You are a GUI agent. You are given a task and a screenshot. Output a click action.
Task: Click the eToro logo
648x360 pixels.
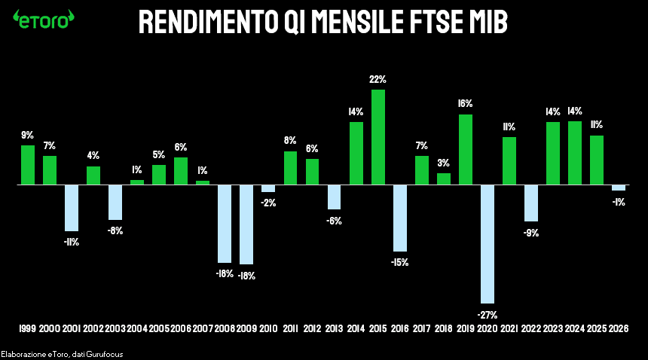[x=44, y=19]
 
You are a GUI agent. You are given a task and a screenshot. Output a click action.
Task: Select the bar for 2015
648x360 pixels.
[x=378, y=137]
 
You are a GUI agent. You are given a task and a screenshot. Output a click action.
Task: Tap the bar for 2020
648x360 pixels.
[x=488, y=244]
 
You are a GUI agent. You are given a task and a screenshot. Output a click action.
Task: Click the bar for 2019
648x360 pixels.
[x=466, y=149]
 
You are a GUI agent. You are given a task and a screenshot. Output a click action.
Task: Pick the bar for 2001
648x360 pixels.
[x=72, y=208]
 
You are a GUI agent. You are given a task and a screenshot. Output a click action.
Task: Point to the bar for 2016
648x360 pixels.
[x=400, y=218]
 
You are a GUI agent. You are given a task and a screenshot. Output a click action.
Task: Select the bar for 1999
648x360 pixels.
[x=28, y=165]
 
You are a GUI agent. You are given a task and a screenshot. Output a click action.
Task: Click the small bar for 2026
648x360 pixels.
[x=619, y=188]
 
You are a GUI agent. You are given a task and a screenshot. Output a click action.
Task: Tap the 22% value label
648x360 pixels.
[x=378, y=79]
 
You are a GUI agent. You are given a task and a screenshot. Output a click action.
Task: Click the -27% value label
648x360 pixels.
[x=488, y=314]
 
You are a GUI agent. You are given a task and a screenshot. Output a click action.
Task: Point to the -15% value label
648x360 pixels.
[x=400, y=262]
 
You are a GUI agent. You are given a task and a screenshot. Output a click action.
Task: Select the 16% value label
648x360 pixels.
[x=466, y=103]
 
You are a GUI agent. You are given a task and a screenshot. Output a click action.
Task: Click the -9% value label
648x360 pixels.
[x=531, y=233]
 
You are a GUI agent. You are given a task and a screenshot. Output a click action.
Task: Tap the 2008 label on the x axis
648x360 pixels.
[x=225, y=329]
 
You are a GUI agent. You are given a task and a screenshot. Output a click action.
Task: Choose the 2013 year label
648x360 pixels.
[x=334, y=329]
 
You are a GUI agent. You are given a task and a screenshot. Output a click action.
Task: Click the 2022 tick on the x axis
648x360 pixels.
[x=531, y=329]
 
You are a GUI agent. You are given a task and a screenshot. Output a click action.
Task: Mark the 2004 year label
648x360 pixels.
[x=137, y=329]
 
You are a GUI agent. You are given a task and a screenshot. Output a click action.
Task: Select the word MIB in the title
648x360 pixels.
[x=486, y=23]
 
